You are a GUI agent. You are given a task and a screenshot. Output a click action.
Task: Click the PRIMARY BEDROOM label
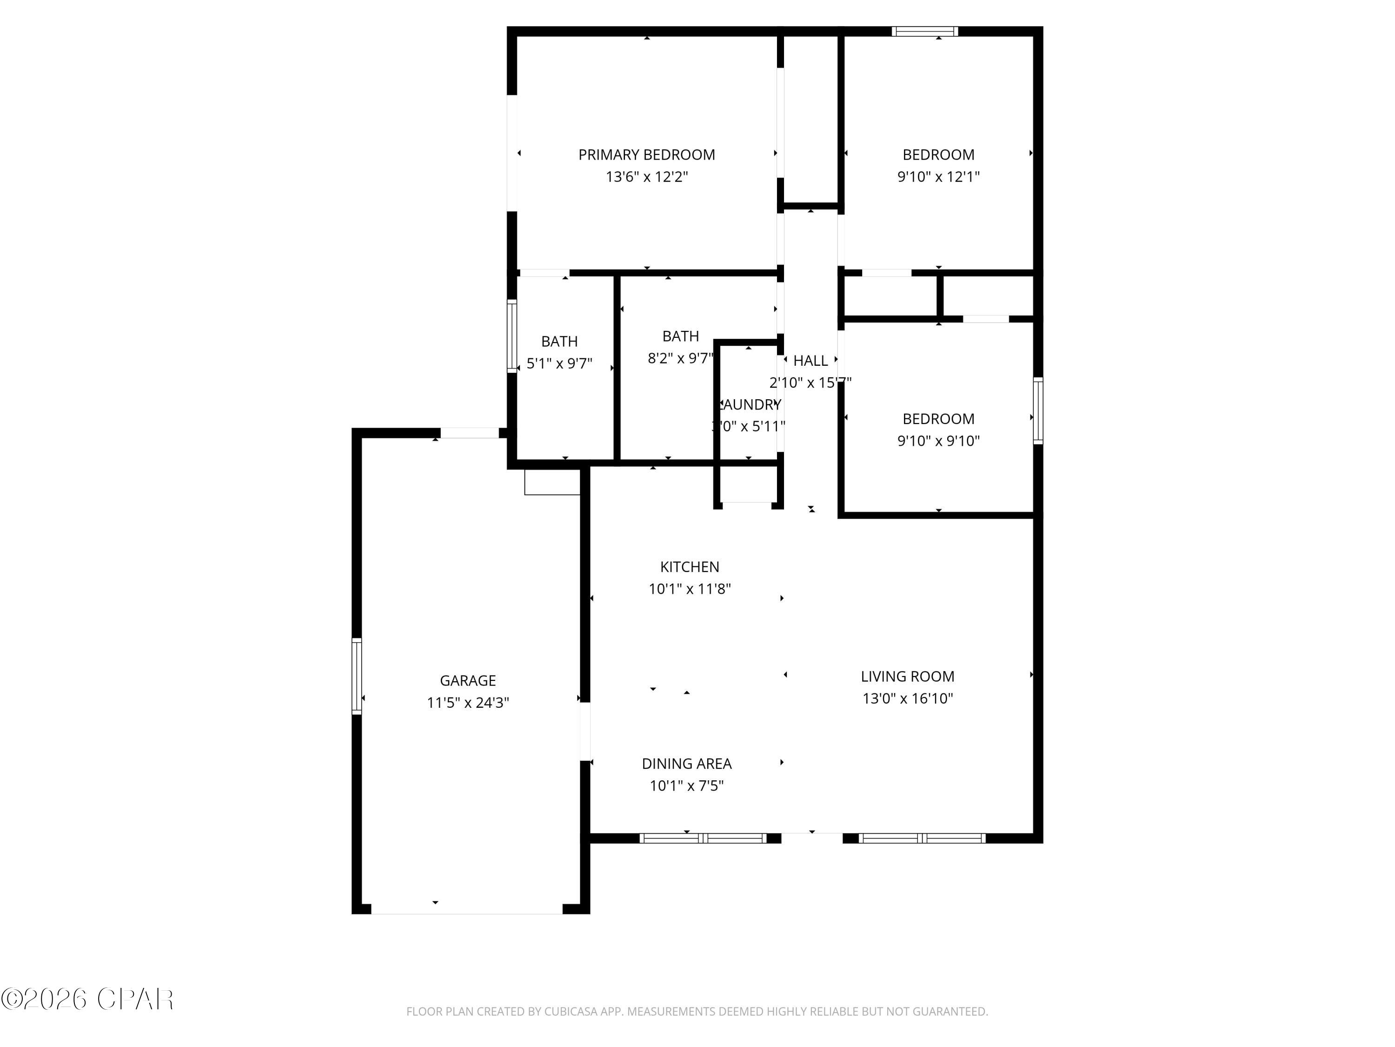pos(646,154)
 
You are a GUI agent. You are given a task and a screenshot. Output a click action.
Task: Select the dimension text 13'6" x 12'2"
pos(646,177)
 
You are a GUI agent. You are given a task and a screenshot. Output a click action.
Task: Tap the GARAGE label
pos(467,680)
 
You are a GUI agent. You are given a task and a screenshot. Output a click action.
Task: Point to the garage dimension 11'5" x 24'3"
pos(467,702)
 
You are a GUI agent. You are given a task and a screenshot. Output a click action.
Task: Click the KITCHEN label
pos(689,567)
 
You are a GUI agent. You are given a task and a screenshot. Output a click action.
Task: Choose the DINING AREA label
pos(686,764)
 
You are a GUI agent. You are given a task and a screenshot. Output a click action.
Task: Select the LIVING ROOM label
pos(907,677)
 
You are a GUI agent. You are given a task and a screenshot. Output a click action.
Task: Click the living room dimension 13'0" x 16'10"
pos(907,698)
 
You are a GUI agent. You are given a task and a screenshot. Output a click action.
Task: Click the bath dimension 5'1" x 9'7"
pos(559,363)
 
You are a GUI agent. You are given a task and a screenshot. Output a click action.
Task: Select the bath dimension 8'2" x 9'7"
pos(680,358)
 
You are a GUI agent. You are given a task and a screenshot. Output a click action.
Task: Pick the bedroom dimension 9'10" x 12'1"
pos(938,177)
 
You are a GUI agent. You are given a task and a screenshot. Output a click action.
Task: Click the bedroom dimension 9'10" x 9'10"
pos(938,441)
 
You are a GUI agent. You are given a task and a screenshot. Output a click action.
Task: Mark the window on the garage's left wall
pos(357,676)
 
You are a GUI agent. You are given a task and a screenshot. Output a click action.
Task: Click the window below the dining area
pos(703,838)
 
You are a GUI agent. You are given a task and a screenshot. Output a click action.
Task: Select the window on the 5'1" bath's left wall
pos(512,336)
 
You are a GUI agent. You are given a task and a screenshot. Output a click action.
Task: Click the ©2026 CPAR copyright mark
pos(87,999)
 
